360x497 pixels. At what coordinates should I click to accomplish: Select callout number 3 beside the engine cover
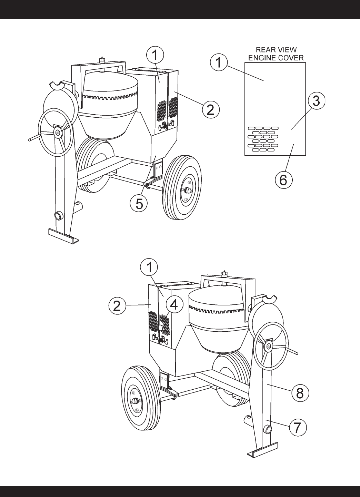(316, 101)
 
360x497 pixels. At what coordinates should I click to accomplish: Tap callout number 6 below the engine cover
(284, 180)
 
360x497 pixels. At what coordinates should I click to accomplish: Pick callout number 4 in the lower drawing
(174, 305)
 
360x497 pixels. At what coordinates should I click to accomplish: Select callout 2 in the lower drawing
(117, 305)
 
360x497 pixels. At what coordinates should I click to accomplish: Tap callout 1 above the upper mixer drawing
(155, 55)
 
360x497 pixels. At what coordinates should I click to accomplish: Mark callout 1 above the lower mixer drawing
(149, 267)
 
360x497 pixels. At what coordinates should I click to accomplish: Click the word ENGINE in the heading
(261, 58)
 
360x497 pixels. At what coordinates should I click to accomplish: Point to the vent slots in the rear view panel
(263, 139)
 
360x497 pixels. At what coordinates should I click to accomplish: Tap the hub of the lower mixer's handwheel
(269, 345)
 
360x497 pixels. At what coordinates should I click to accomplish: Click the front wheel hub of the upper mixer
(187, 190)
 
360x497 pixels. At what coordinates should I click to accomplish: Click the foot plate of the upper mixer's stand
(64, 236)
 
